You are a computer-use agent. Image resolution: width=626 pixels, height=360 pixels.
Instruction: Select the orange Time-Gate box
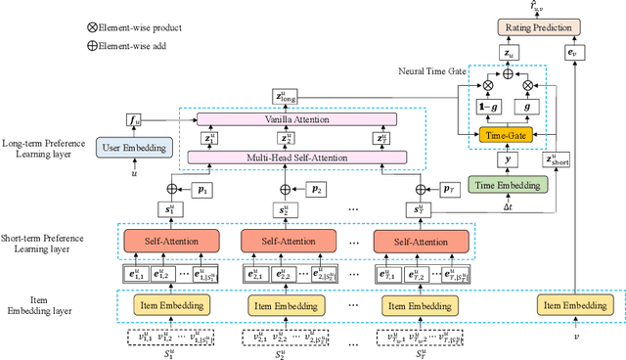(506, 133)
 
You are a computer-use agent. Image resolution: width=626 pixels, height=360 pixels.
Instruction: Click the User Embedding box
(134, 148)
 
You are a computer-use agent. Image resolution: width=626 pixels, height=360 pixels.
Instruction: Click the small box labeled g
(529, 105)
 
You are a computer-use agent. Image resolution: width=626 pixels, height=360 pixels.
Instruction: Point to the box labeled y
(506, 157)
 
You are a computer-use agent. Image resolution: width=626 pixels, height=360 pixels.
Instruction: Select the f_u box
(134, 119)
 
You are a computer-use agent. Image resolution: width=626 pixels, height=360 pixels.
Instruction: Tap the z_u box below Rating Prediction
(507, 53)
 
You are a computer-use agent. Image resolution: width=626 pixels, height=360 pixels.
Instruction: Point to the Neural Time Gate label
(433, 71)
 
